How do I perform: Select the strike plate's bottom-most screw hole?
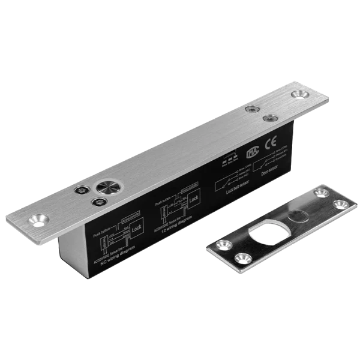pos(242,259)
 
